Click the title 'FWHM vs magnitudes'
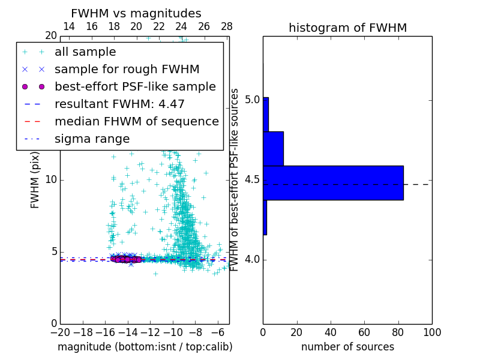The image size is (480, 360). pos(136,13)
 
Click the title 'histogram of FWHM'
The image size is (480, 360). pos(347,28)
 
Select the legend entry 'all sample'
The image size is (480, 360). pos(85,52)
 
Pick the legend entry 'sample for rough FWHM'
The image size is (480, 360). pos(127,70)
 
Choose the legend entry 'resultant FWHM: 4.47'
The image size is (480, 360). pos(119,104)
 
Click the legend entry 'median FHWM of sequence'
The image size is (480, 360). pos(136,122)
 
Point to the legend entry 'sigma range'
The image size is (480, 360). pos(92,139)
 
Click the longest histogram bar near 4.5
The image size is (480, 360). pos(333,182)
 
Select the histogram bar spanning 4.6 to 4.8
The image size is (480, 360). pos(273,148)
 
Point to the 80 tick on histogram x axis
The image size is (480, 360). pos(398,332)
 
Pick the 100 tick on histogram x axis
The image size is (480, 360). pos(431,332)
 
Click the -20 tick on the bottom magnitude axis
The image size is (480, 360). pos(60,332)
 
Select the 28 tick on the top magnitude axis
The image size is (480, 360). pos(227,26)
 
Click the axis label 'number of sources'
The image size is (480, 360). pos(347,347)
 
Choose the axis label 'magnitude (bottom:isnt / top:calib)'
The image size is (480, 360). pos(145,347)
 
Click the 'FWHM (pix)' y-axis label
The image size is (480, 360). pos(35,180)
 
